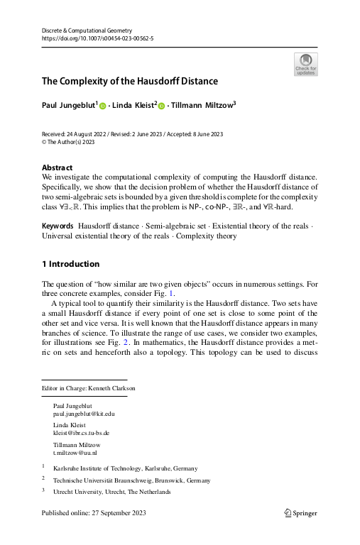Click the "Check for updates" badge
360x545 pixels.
click(305, 64)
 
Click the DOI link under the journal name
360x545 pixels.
click(89, 40)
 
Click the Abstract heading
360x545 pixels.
click(58, 167)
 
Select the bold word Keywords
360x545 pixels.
click(58, 225)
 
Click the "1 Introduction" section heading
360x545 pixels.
click(70, 264)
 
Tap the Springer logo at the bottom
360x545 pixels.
click(300, 512)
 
